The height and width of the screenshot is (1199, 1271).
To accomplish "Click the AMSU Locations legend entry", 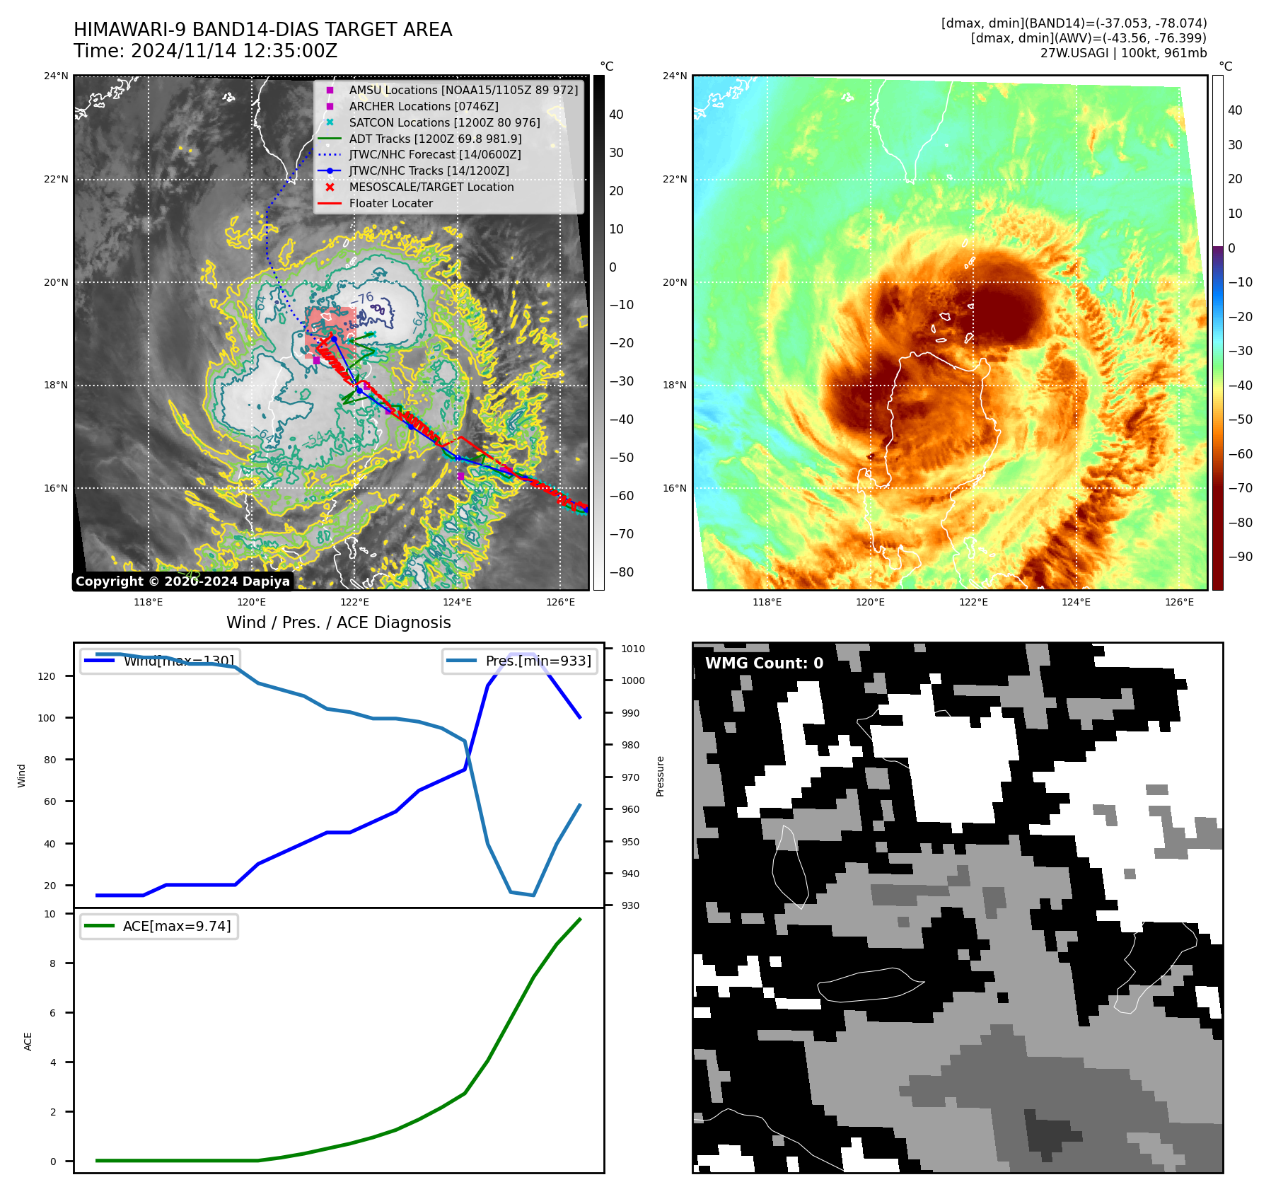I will tap(463, 90).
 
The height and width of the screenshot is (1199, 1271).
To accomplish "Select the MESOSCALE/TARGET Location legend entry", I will tap(431, 187).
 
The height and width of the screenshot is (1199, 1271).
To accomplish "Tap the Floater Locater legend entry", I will tap(390, 203).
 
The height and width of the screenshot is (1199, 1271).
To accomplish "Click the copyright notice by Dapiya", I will tap(182, 581).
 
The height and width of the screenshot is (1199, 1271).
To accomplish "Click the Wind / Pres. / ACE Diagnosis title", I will tap(338, 622).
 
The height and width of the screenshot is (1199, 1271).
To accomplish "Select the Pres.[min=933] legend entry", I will tap(538, 661).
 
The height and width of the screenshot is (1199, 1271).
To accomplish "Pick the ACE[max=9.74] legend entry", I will tap(176, 926).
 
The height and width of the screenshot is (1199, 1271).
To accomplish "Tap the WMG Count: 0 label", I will tap(764, 663).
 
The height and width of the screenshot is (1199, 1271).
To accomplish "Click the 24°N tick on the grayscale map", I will tap(57, 76).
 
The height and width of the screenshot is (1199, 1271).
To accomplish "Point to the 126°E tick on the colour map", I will tap(1179, 602).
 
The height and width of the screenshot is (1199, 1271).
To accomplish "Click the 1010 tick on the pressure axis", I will tap(632, 649).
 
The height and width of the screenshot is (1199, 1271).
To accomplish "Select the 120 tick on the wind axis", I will tap(46, 676).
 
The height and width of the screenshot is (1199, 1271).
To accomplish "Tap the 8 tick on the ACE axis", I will tap(52, 963).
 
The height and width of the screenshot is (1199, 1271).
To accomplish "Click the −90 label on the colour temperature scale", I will tap(1240, 557).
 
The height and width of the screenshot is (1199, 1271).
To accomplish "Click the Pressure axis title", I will tap(660, 776).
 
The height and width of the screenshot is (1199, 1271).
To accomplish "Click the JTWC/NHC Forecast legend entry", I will tap(434, 154).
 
